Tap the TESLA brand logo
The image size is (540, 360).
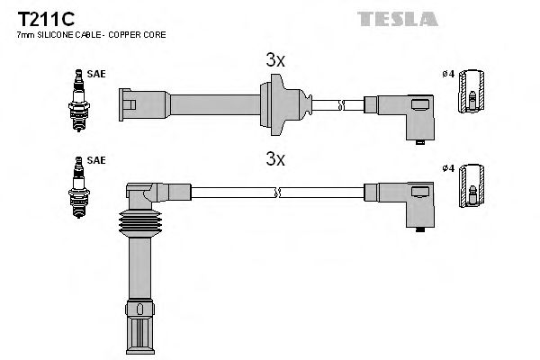398,18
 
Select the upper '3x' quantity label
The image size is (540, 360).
275,61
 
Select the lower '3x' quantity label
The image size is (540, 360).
275,160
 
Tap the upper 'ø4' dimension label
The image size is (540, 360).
448,75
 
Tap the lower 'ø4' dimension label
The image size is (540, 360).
448,167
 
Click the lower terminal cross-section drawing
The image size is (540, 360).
472,190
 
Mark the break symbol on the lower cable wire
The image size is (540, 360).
280,192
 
